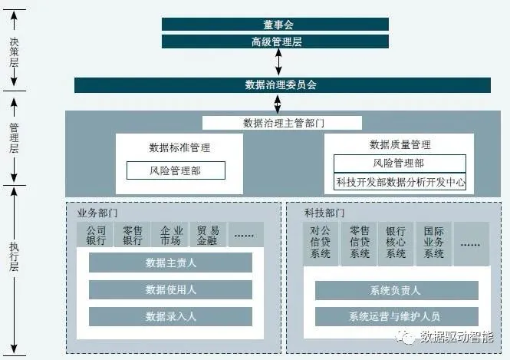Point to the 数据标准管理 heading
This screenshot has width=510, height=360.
click(x=179, y=147)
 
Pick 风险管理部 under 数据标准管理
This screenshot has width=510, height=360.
click(x=176, y=170)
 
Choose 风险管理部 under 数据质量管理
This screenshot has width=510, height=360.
click(x=400, y=163)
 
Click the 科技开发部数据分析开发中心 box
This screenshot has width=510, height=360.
click(x=400, y=183)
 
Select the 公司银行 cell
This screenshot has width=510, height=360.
click(x=96, y=235)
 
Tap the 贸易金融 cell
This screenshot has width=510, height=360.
click(x=208, y=235)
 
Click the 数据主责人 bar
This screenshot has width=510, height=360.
click(x=170, y=263)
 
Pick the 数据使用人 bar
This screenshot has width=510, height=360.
click(x=170, y=290)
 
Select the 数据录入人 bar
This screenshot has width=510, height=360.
click(x=170, y=316)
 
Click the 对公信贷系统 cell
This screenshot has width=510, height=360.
click(x=321, y=242)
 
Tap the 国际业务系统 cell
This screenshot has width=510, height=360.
click(x=434, y=242)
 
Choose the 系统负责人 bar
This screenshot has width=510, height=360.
click(x=395, y=290)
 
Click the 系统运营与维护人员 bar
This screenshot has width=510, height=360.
click(x=395, y=316)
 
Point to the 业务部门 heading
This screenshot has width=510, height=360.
click(x=97, y=213)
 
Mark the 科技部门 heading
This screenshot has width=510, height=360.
click(x=324, y=213)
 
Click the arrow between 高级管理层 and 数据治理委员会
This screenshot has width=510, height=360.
click(x=278, y=63)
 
